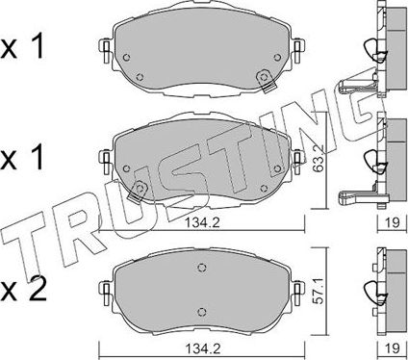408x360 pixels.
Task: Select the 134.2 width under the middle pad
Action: [203, 227]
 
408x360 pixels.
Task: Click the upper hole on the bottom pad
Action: [201, 269]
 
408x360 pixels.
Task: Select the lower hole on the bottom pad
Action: [201, 310]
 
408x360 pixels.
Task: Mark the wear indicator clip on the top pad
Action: [259, 79]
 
